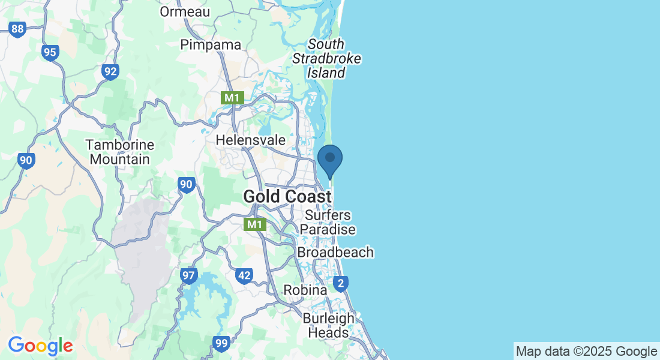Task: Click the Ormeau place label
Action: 185,11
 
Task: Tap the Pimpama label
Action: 211,45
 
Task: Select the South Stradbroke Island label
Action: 327,59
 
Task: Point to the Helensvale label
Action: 250,140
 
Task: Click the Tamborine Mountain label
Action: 119,152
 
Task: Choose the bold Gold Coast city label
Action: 287,196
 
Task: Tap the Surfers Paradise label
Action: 328,222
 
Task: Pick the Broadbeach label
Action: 335,253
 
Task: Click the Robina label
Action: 305,290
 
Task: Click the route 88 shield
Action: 18,29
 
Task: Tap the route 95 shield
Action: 50,53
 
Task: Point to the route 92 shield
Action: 110,72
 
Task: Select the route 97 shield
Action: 188,276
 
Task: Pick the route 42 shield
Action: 244,276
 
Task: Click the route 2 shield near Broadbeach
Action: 341,283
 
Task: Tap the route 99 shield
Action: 221,344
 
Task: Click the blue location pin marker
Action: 329,159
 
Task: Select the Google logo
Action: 40,346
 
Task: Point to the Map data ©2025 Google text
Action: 586,351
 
